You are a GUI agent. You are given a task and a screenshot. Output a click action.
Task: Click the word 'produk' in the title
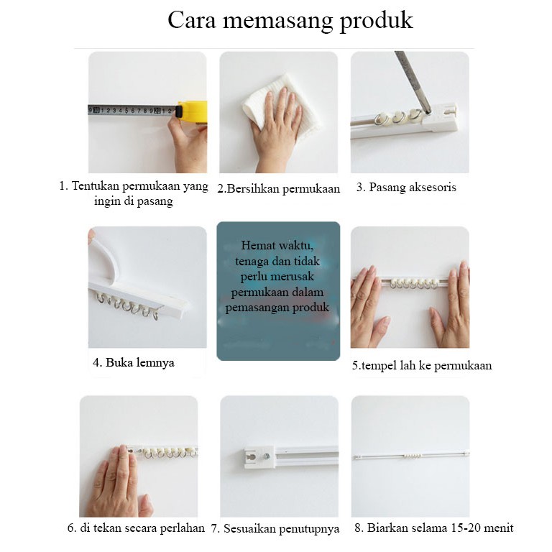pyautogui.click(x=376, y=21)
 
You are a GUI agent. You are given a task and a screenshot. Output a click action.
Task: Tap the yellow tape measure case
pyautogui.click(x=193, y=111)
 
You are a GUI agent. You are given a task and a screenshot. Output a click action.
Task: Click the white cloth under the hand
pyautogui.click(x=282, y=102)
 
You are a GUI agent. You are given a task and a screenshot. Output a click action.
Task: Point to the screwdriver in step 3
pyautogui.click(x=413, y=82)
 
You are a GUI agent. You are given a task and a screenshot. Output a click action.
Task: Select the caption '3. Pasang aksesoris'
pyautogui.click(x=406, y=187)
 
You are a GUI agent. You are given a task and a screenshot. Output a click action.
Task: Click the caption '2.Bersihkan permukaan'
pyautogui.click(x=278, y=189)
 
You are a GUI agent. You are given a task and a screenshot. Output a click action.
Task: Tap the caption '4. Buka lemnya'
pyautogui.click(x=134, y=362)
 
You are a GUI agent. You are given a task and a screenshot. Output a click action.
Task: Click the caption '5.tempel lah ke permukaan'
pyautogui.click(x=422, y=365)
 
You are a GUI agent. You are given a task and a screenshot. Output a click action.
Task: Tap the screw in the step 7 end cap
pyautogui.click(x=267, y=456)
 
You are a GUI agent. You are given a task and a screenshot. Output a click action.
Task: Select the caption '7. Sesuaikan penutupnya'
pyautogui.click(x=275, y=528)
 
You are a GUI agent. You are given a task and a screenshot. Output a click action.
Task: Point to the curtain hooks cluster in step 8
pyautogui.click(x=412, y=456)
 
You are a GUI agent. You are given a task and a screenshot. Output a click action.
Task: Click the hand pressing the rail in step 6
pyautogui.click(x=118, y=482)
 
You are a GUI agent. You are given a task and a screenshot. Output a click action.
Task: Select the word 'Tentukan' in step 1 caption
pyautogui.click(x=96, y=185)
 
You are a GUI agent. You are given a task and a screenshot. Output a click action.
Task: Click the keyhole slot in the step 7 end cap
pyautogui.click(x=252, y=457)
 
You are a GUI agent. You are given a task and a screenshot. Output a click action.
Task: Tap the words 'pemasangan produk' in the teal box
pyautogui.click(x=277, y=308)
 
